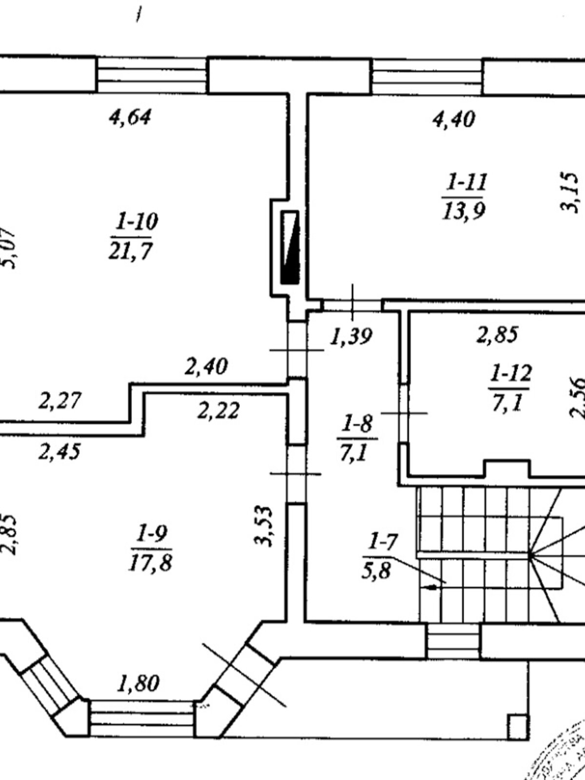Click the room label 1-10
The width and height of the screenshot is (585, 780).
(x=136, y=222)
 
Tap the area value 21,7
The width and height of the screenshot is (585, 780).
(x=131, y=252)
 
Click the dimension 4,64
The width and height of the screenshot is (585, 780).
(x=130, y=117)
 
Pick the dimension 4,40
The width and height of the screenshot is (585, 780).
(x=454, y=119)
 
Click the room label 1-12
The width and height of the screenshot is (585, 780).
(x=510, y=374)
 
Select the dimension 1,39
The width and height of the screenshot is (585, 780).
(x=351, y=336)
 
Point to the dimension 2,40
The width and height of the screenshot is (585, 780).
(x=206, y=366)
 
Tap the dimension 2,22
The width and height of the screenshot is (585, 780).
(x=218, y=411)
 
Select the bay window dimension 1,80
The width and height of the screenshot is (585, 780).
(x=138, y=683)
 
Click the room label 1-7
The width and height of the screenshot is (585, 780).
(x=383, y=541)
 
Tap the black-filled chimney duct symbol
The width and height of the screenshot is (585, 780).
(x=291, y=247)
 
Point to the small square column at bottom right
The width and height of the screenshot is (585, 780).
(x=517, y=727)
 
